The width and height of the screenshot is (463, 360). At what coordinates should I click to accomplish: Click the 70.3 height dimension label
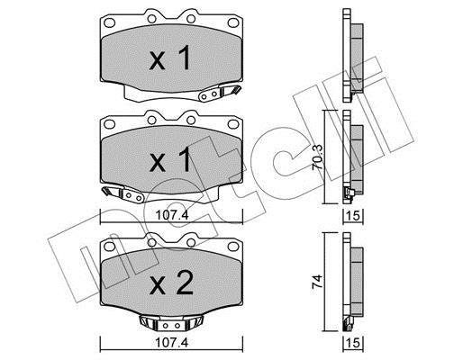point(318,157)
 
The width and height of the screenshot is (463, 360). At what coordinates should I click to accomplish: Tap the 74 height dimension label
point(318,282)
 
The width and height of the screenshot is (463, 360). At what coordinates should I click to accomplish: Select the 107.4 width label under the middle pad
point(172,215)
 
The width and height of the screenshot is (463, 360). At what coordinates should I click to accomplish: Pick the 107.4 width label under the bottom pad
point(172,342)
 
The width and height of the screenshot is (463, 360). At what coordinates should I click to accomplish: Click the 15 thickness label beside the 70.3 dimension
point(353,216)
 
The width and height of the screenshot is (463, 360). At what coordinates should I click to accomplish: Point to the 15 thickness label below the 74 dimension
point(353,343)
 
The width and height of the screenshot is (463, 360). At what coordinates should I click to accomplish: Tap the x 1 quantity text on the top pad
point(170,58)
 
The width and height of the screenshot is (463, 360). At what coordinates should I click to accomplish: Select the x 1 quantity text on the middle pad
point(170,159)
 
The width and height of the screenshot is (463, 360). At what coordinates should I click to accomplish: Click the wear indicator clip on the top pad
point(220,92)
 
